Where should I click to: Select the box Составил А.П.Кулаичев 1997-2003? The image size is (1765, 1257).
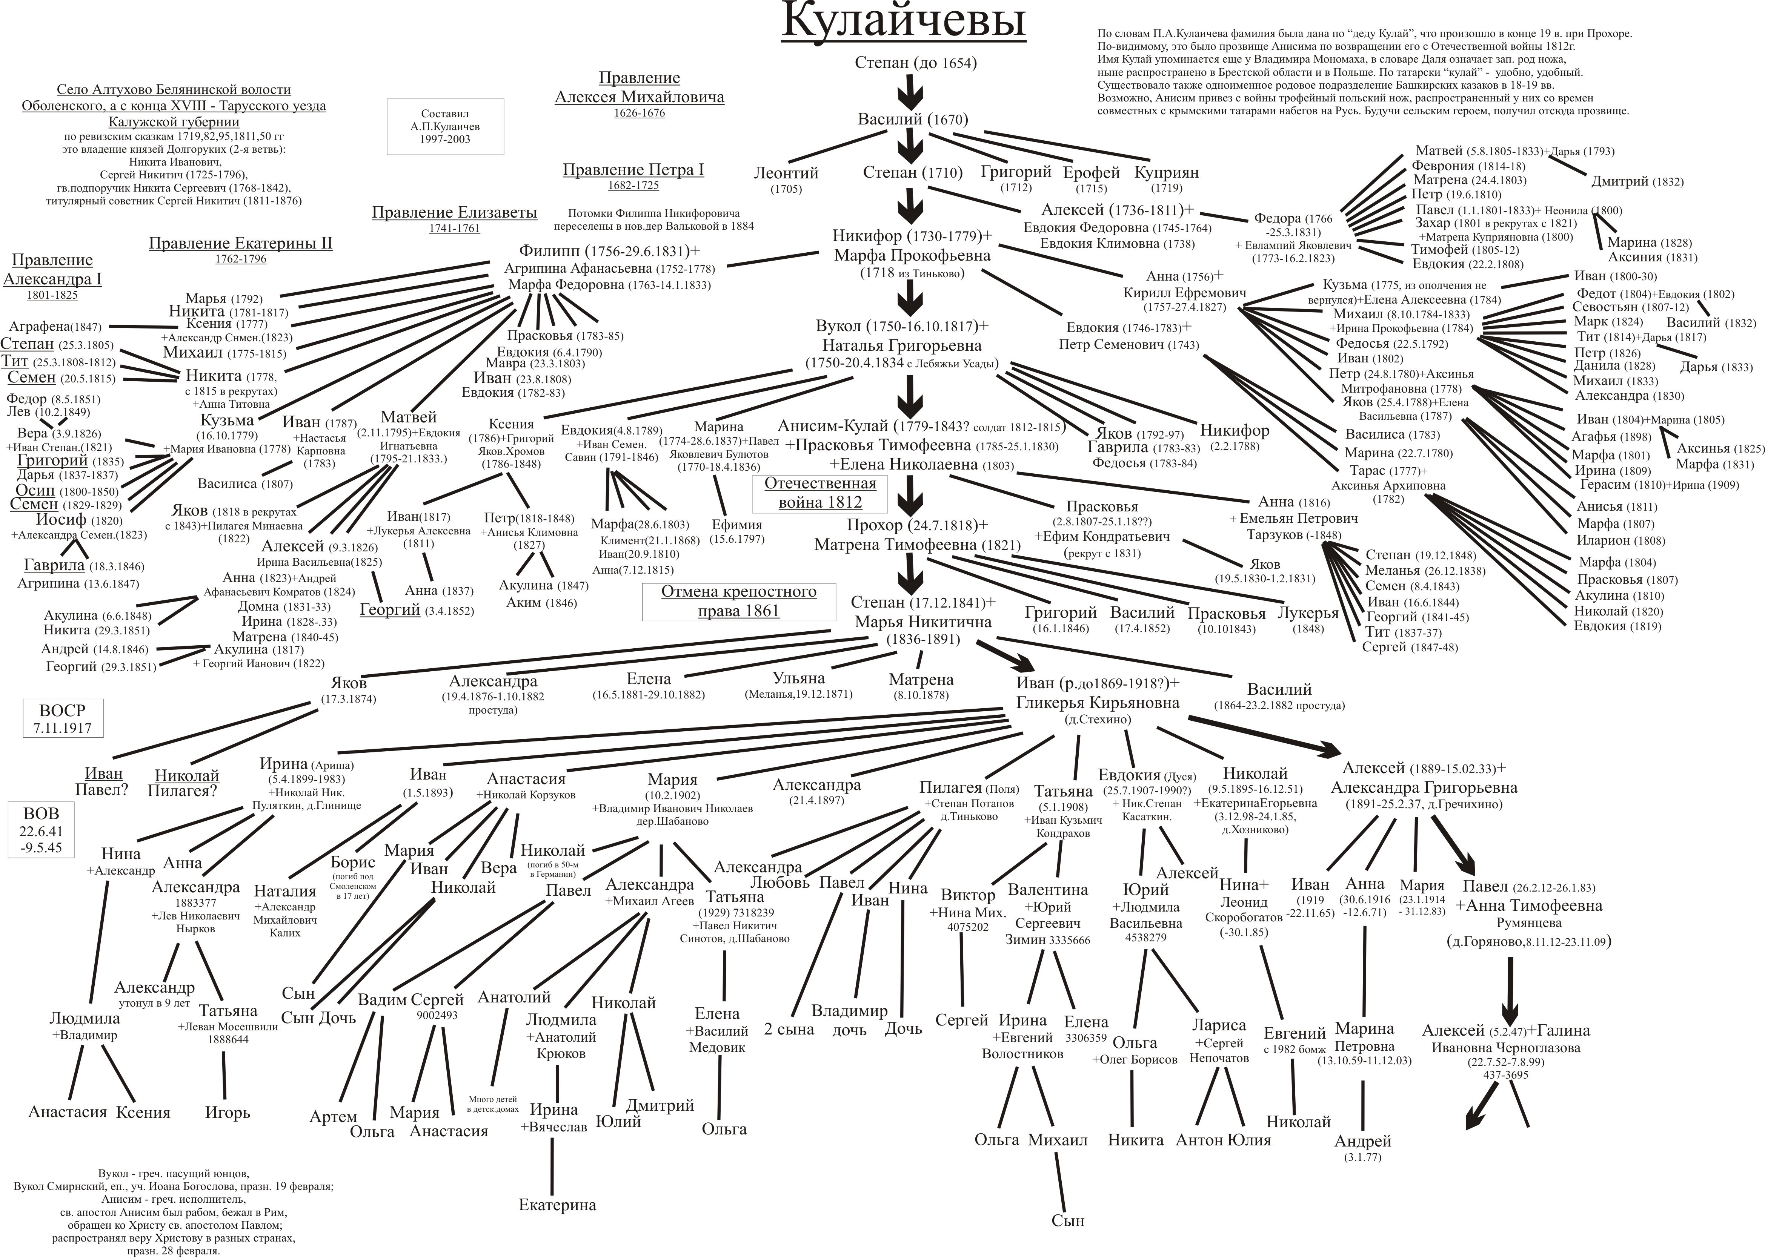[x=445, y=126]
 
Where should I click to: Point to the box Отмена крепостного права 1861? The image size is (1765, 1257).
[x=738, y=602]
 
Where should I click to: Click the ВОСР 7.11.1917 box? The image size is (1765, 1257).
[x=62, y=718]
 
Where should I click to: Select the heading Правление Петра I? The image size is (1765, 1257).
[x=633, y=170]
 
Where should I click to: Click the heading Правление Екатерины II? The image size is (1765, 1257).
[x=241, y=244]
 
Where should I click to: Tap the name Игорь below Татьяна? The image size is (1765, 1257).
[x=228, y=1112]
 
